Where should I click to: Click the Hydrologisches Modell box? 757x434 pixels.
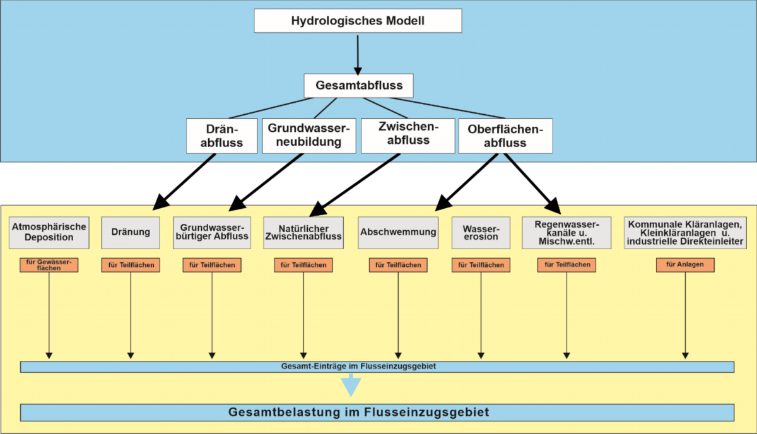[x=358, y=21]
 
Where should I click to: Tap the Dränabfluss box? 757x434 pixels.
[x=222, y=136]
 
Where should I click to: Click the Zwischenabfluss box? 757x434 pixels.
[x=408, y=134]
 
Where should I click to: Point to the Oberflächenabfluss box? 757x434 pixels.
[x=505, y=136]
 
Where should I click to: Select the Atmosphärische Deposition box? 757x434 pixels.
[x=49, y=232]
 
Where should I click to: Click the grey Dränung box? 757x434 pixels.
[x=131, y=232]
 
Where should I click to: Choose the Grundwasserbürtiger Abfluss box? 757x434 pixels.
[x=212, y=232]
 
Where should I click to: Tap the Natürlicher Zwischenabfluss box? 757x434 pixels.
[x=303, y=232]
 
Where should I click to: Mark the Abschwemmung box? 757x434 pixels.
[x=398, y=232]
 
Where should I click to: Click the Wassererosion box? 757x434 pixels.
[x=481, y=232]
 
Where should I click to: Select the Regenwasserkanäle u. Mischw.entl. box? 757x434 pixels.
[x=566, y=232]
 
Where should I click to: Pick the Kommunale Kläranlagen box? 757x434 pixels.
[x=686, y=232]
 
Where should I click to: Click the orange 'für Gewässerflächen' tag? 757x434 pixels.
[x=49, y=265]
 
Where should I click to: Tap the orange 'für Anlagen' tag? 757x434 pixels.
[x=685, y=265]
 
